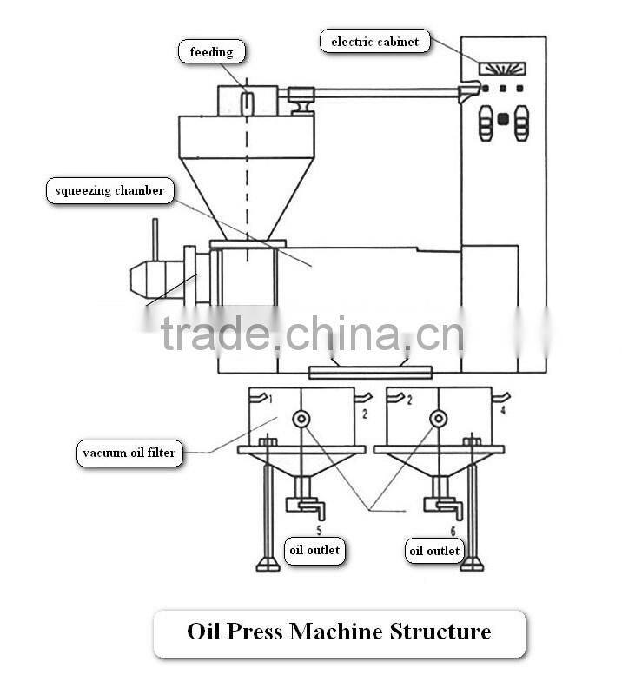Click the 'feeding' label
[211, 52]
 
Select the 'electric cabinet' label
[375, 42]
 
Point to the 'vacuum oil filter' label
[129, 453]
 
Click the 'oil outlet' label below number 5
[314, 550]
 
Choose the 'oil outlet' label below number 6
[435, 551]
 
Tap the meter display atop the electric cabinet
[503, 68]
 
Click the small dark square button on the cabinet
[501, 119]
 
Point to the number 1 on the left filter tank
[270, 400]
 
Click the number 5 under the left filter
[318, 529]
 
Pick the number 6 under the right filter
[452, 529]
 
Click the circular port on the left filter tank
[301, 419]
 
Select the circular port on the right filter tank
[437, 419]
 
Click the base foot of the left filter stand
[268, 566]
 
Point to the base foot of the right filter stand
[471, 566]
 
